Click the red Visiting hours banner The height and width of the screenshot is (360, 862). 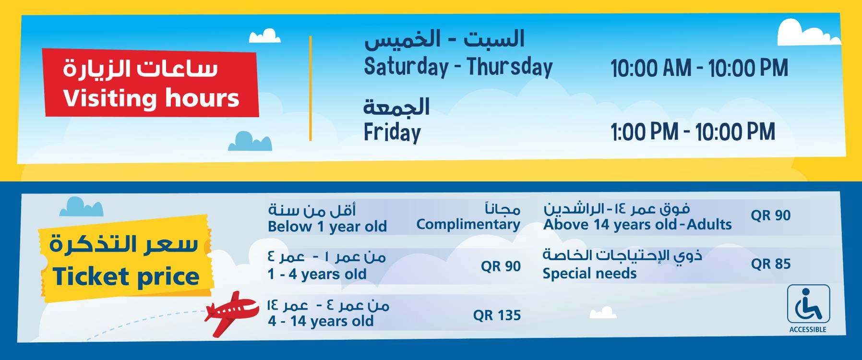[x=151, y=83]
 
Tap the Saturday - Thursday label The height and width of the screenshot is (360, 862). [x=458, y=67]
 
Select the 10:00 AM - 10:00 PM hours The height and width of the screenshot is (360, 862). [x=699, y=68]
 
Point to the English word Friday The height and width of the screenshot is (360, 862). [x=392, y=132]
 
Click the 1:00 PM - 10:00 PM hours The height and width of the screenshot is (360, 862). [x=693, y=132]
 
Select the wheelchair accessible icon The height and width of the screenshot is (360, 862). [x=808, y=304]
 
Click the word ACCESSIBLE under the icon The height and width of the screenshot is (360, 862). [x=808, y=329]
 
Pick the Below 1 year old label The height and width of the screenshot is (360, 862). [x=327, y=227]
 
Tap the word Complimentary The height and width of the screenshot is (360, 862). [x=468, y=225]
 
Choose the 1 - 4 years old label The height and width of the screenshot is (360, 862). [x=317, y=274]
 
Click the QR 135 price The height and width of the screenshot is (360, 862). [x=497, y=315]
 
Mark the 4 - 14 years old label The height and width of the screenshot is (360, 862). [x=321, y=321]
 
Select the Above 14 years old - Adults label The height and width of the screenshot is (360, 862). [x=637, y=225]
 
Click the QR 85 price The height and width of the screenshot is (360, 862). [x=771, y=264]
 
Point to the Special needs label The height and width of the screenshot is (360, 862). [x=589, y=274]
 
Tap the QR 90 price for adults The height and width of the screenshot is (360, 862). [x=771, y=216]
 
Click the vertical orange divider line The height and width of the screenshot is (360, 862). [x=311, y=88]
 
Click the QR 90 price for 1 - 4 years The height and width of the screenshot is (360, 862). [x=501, y=266]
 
